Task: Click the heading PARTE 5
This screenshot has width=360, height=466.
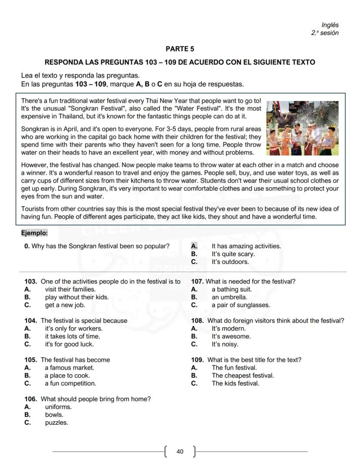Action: (180, 49)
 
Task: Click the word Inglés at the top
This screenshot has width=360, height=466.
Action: (330, 25)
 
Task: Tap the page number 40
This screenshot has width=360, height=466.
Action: (180, 452)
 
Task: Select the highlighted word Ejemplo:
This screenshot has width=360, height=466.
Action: (34, 233)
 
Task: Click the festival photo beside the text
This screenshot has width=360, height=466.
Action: (302, 128)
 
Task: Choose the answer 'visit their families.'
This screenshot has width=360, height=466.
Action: (70, 289)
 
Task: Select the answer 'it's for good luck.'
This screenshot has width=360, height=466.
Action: (69, 344)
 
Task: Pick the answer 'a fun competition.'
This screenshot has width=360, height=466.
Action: (70, 383)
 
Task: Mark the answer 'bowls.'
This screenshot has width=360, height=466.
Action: (54, 415)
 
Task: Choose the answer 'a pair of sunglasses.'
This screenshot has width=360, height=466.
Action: (240, 305)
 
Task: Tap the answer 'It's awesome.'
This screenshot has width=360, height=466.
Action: (231, 336)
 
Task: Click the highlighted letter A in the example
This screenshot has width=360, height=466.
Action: (194, 246)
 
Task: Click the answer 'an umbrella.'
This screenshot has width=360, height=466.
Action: (229, 297)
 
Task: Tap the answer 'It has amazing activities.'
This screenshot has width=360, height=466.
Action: (246, 246)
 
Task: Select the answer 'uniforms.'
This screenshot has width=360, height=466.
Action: (58, 407)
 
